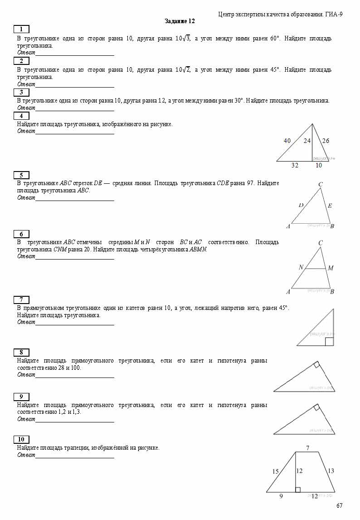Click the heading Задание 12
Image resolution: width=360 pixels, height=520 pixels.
tap(180, 21)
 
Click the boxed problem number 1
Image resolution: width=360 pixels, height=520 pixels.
tap(21, 29)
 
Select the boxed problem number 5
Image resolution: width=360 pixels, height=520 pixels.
tap(21, 175)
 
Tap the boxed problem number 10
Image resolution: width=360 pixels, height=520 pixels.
tap(21, 439)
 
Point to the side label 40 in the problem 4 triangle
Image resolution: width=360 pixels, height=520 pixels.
tap(287, 141)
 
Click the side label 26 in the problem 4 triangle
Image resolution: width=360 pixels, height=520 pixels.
tap(326, 141)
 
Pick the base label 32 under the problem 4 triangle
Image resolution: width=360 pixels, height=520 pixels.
tap(295, 166)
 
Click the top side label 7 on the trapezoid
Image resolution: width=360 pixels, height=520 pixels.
tap(307, 448)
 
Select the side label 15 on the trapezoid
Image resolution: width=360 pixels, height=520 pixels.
tap(275, 471)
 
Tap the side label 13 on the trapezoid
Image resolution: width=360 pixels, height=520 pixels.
tap(331, 471)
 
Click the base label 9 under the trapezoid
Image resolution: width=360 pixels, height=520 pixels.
tap(281, 496)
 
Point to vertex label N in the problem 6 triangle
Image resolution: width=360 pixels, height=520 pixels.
tap(301, 267)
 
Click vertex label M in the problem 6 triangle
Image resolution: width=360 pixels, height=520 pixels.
tap(331, 268)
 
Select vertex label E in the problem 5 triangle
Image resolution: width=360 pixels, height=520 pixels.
tap(330, 206)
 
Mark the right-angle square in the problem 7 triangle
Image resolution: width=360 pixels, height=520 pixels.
tap(329, 342)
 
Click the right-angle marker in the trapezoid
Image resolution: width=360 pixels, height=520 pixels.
tap(297, 490)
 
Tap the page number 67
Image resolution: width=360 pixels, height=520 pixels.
tap(340, 506)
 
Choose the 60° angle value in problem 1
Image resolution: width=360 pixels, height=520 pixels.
tap(275, 39)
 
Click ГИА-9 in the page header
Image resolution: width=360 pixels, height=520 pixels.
tap(334, 15)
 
